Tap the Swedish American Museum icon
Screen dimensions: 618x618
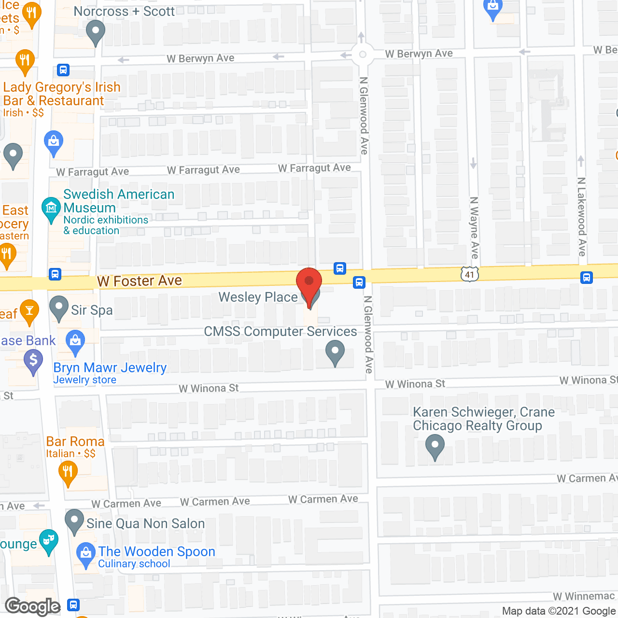(x=51, y=209)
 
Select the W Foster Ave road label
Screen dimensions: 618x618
(x=139, y=281)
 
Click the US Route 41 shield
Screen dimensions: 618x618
(x=469, y=274)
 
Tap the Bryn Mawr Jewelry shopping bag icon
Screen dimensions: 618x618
(x=75, y=341)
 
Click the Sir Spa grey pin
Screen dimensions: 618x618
(x=59, y=307)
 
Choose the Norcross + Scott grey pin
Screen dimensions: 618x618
(x=95, y=32)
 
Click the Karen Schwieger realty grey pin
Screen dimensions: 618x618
(x=435, y=446)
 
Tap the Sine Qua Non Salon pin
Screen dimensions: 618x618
(x=74, y=520)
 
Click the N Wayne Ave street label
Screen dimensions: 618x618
(x=475, y=227)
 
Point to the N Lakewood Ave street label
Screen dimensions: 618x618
(x=582, y=216)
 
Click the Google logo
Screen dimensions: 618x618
(x=33, y=606)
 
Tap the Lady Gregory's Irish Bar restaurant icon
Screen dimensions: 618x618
(x=25, y=61)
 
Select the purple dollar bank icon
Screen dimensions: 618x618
(x=33, y=361)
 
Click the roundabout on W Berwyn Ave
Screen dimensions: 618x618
(x=363, y=55)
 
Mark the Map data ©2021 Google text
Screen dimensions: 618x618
(x=559, y=611)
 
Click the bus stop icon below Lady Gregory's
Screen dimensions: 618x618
(x=63, y=70)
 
